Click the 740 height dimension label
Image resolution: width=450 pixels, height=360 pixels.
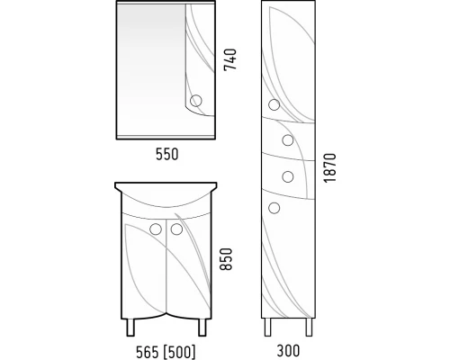pyautogui.click(x=230, y=59)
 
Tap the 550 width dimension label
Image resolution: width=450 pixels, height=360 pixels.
pyautogui.click(x=167, y=154)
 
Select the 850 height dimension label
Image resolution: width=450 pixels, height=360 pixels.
pyautogui.click(x=226, y=259)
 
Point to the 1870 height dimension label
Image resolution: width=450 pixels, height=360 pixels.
pyautogui.click(x=329, y=167)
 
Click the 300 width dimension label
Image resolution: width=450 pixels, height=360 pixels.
pyautogui.click(x=288, y=350)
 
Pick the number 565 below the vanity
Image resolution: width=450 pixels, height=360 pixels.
pyautogui.click(x=148, y=352)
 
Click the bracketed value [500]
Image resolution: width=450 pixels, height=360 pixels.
pyautogui.click(x=180, y=352)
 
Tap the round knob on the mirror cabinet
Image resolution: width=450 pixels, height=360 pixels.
pyautogui.click(x=196, y=101)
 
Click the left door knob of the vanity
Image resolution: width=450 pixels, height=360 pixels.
pyautogui.click(x=156, y=229)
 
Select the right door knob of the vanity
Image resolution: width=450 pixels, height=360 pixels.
pyautogui.click(x=176, y=229)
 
